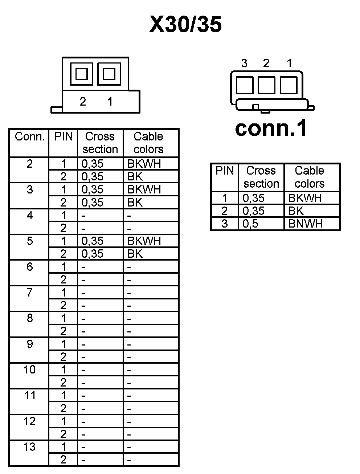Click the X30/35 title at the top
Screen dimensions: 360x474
coord(185,25)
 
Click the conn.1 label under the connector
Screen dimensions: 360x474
coord(271,128)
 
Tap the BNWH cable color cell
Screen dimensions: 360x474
coord(305,224)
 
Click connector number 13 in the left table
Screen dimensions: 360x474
coord(29,447)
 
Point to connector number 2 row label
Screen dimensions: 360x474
coord(29,164)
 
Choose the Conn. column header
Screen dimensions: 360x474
coord(29,137)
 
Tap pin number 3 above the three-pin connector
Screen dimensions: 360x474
coord(244,64)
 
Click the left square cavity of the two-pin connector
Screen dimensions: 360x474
coord(81,74)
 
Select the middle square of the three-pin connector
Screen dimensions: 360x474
coord(266,86)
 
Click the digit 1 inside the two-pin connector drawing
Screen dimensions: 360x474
coord(110,102)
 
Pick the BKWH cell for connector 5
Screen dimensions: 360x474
coord(144,241)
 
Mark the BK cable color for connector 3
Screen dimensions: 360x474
coord(135,203)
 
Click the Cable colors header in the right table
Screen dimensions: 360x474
coord(310,177)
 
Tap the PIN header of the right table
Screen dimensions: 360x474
coord(225,171)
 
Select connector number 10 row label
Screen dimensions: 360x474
coord(29,370)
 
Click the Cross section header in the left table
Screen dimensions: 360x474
coord(100,143)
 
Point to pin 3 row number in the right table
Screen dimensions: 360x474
coord(225,224)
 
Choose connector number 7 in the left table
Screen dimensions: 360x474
coord(29,292)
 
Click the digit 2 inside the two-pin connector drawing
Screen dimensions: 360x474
coord(83,102)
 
